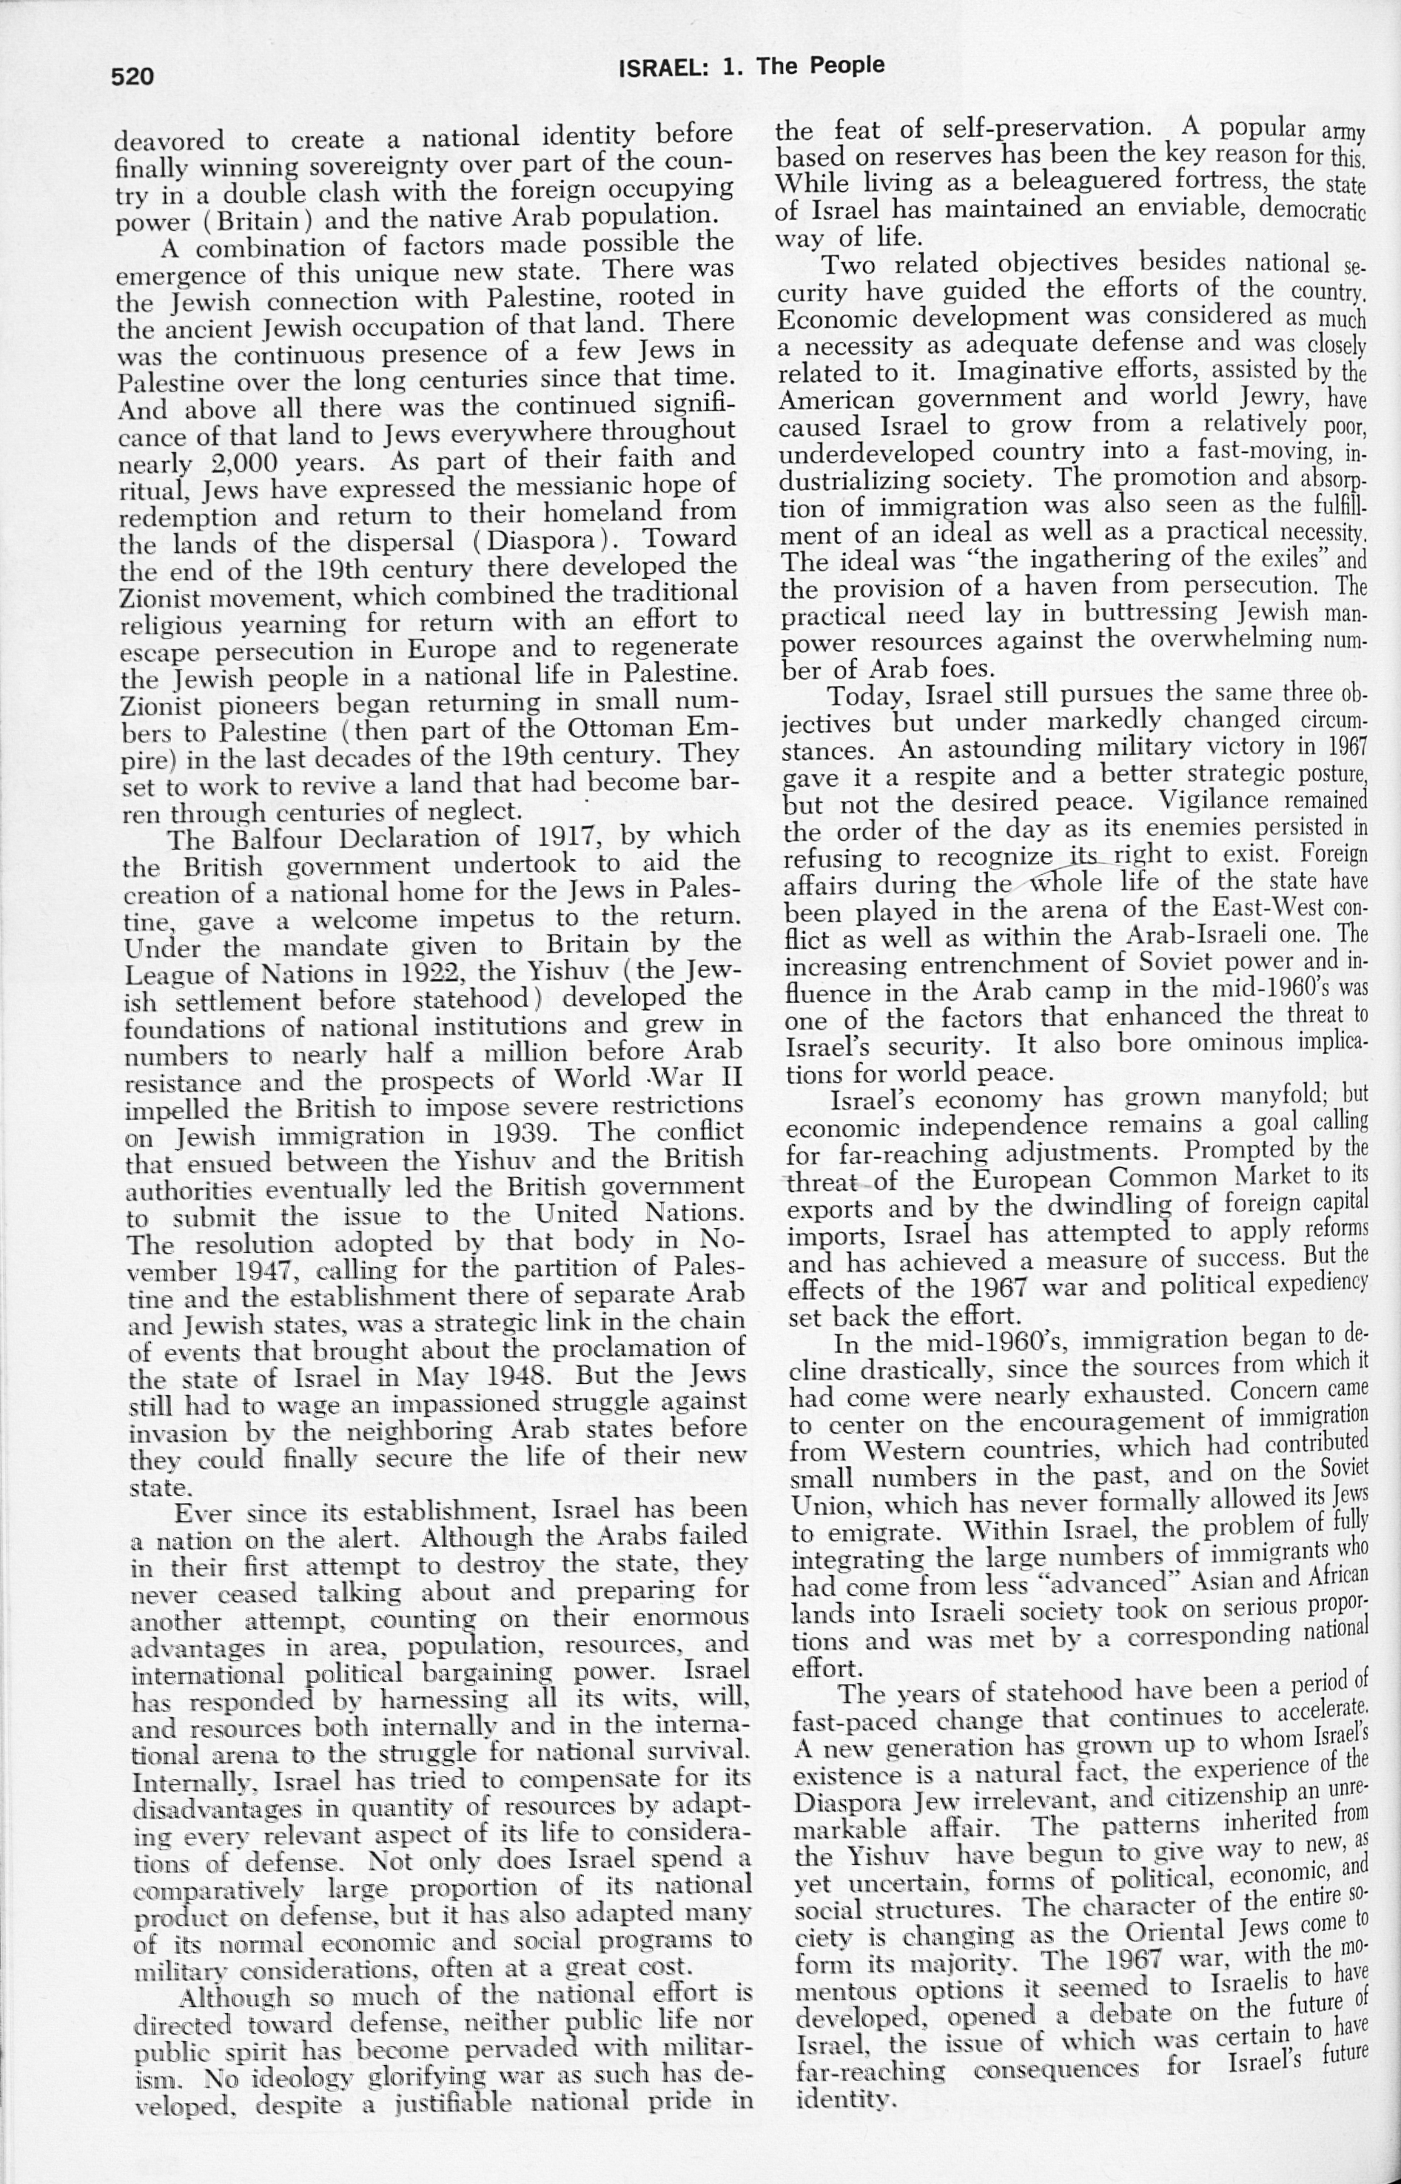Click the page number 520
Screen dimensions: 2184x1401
(x=132, y=76)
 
